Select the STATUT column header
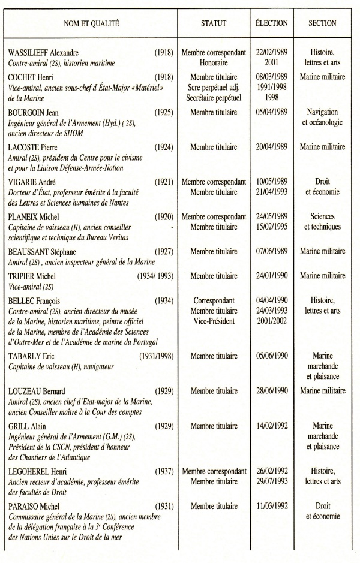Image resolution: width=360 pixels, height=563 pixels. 214,23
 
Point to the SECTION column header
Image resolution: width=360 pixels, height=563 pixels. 322,23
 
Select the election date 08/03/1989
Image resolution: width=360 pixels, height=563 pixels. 271,77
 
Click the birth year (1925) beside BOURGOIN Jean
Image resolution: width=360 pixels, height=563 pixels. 164,112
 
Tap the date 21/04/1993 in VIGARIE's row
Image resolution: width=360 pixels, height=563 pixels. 271,192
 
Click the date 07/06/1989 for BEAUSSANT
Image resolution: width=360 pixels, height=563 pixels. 271,252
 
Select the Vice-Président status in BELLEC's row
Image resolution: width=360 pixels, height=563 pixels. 214,321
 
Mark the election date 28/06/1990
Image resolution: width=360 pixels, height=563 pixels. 271,391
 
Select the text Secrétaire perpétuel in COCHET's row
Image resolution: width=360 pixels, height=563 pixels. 214,97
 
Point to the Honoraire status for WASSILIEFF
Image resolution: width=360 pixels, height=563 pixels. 214,62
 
